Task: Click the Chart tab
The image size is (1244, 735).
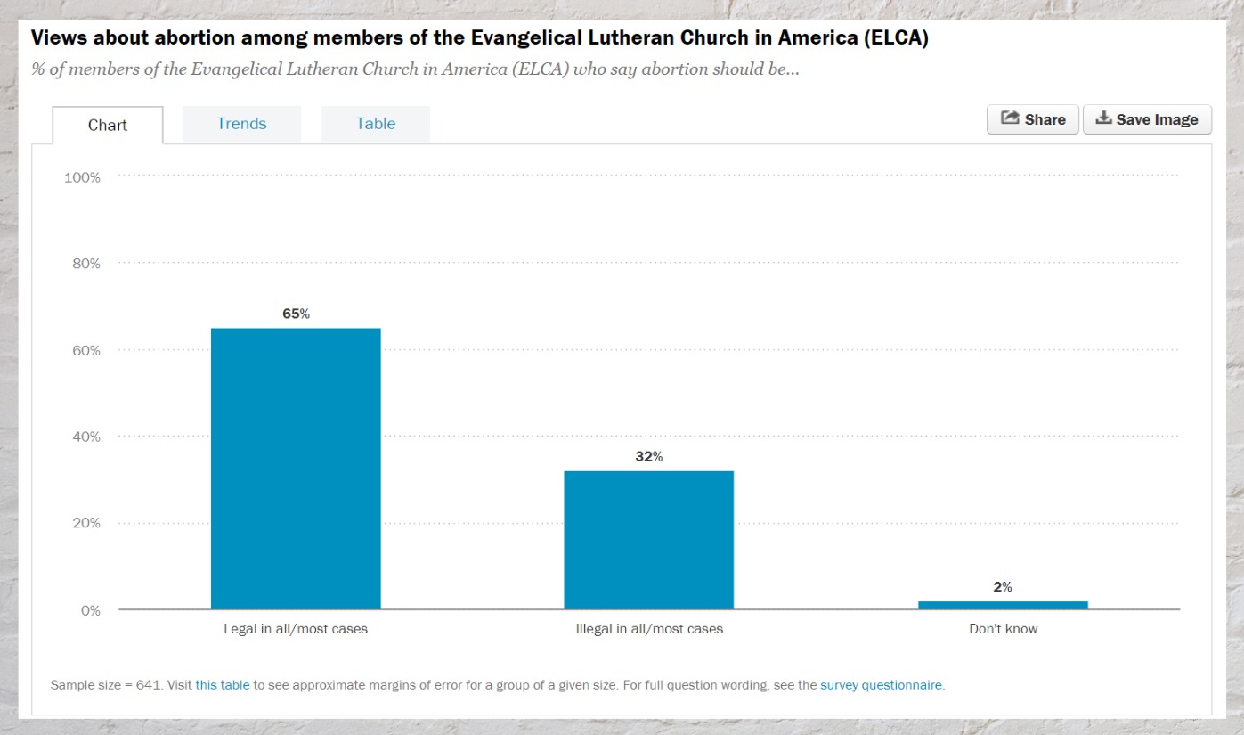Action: coord(108,125)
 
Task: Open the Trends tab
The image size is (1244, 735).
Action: coord(241,124)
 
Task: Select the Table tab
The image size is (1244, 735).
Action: coord(376,124)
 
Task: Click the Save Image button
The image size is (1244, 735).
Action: coord(1147,119)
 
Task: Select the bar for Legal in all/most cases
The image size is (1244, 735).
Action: coord(296,469)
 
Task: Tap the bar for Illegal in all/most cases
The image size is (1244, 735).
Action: coord(648,540)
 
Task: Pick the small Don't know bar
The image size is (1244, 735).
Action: coord(1003,605)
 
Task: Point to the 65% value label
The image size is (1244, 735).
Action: coord(296,314)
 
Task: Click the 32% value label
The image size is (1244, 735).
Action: coord(648,456)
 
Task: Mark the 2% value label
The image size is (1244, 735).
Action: coord(1003,587)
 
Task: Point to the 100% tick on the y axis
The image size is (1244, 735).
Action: coord(82,177)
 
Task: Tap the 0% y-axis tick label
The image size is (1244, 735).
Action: coord(90,610)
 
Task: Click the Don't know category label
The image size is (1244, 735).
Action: coord(1003,629)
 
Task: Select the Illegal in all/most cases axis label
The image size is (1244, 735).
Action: coord(649,629)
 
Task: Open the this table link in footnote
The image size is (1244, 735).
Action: coord(223,685)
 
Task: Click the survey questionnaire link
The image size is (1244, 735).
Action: coord(880,685)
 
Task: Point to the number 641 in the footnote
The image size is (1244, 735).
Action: coord(148,685)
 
